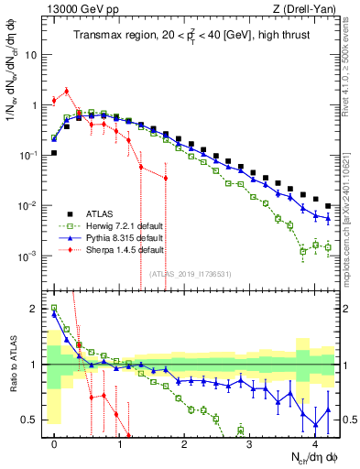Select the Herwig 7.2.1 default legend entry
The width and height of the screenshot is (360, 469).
pyautogui.click(x=120, y=224)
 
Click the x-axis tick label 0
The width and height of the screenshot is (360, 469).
pyautogui.click(x=55, y=444)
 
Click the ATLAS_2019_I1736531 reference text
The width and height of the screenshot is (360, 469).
pyautogui.click(x=190, y=273)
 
